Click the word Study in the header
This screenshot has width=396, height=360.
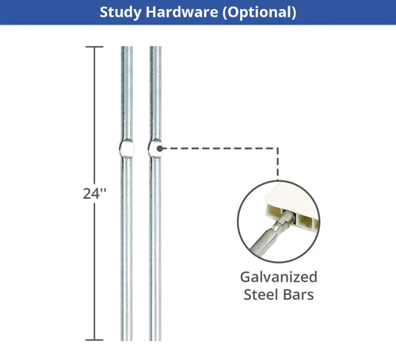pyautogui.click(x=120, y=13)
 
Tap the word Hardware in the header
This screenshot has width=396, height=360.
pyautogui.click(x=182, y=12)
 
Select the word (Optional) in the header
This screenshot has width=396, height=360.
pyautogui.click(x=259, y=13)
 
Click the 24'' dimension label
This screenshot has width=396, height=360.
pyautogui.click(x=94, y=194)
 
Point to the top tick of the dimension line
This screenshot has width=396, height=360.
pyautogui.click(x=94, y=47)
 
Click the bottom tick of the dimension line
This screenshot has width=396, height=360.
pyautogui.click(x=94, y=340)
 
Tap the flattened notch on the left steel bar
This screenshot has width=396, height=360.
pyautogui.click(x=127, y=148)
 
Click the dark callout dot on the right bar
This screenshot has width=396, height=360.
pyautogui.click(x=159, y=149)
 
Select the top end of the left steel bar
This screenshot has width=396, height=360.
pyautogui.click(x=127, y=47)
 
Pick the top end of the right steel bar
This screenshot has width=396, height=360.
pyautogui.click(x=155, y=47)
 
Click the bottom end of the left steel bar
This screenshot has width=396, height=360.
pyautogui.click(x=127, y=340)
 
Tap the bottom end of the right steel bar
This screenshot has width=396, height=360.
pyautogui.click(x=155, y=340)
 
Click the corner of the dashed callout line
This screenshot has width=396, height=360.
pyautogui.click(x=278, y=149)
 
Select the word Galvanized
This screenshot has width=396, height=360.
pyautogui.click(x=279, y=277)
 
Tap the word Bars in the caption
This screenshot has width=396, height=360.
pyautogui.click(x=299, y=294)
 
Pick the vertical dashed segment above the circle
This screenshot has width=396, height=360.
pyautogui.click(x=278, y=164)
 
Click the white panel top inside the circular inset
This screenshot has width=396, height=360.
pyautogui.click(x=293, y=196)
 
